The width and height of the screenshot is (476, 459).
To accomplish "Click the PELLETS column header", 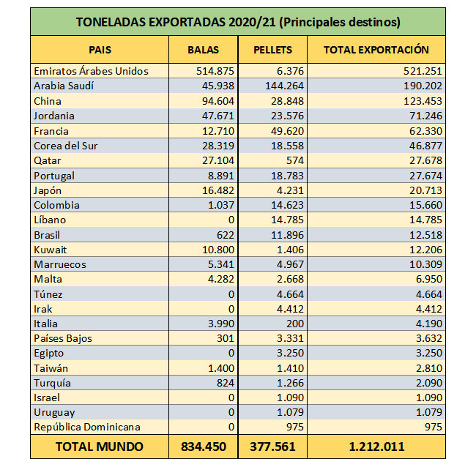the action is pos(272,50).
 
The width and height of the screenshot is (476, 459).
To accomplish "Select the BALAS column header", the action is pos(203,50).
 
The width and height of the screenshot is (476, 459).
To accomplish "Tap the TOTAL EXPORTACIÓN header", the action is pos(376,50).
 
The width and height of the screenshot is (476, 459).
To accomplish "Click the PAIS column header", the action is pos(100,50).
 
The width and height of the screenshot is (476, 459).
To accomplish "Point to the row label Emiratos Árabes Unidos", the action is pos(91,71).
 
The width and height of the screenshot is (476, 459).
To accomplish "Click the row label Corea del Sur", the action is pos(66,146).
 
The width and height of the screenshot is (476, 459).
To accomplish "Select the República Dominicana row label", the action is pos(87,427).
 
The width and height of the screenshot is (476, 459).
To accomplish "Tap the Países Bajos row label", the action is pos(63,338).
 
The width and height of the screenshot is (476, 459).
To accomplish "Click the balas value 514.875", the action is pos(215,71).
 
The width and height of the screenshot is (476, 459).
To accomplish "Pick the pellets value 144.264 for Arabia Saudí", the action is pos(284,86).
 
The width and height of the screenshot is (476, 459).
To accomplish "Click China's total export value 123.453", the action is pos(423,101).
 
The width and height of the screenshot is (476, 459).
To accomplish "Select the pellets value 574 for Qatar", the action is pos(295,160).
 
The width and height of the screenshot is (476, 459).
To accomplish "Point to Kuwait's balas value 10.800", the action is pos(218,250).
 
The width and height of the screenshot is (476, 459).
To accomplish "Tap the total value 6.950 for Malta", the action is pos(429,279).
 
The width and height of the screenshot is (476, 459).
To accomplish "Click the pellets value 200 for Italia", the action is pos(295,324).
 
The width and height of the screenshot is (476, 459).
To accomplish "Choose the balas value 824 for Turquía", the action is pos(226,383).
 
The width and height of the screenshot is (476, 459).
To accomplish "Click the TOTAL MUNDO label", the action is pos(100,447).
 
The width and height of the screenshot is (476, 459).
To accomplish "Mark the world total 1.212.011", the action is pos(376,447).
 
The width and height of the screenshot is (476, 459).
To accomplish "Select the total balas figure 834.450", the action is pos(204,447).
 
